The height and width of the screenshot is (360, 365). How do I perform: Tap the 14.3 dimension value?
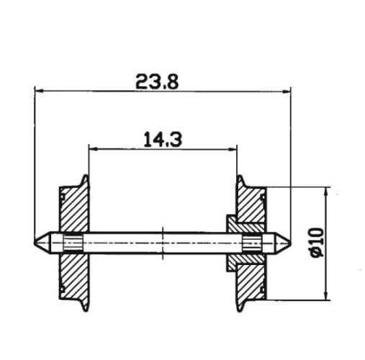coord(161,140)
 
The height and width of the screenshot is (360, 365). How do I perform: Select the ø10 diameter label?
coord(317,242)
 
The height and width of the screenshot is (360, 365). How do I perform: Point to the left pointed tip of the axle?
coord(36,241)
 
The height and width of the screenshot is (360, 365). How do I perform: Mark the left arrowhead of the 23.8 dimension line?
coord(38,91)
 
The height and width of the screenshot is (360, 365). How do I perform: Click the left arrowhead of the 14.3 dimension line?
coord(91,149)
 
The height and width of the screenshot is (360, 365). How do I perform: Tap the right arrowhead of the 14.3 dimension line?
coord(233,149)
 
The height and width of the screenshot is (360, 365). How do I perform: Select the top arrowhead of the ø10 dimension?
coord(328,190)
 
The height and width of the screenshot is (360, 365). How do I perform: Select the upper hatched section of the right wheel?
coord(253,207)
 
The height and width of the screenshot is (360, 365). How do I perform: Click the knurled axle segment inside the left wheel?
coord(73,242)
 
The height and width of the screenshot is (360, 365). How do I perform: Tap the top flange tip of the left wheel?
coord(87,177)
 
